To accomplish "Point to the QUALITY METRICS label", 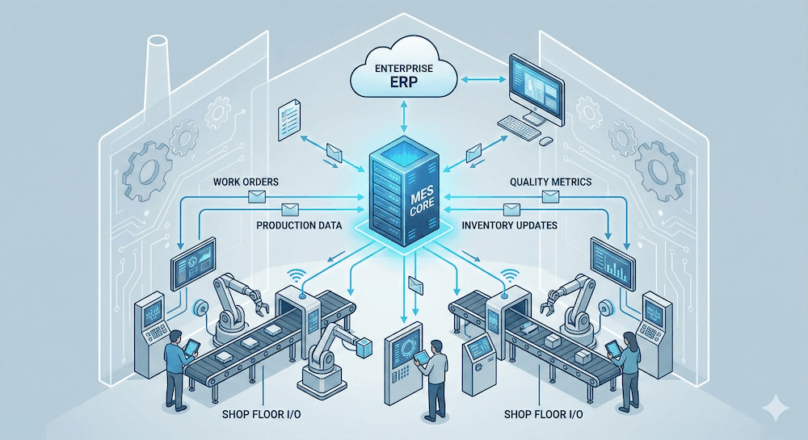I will coord(549,182).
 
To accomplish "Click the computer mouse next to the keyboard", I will coord(547,140).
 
